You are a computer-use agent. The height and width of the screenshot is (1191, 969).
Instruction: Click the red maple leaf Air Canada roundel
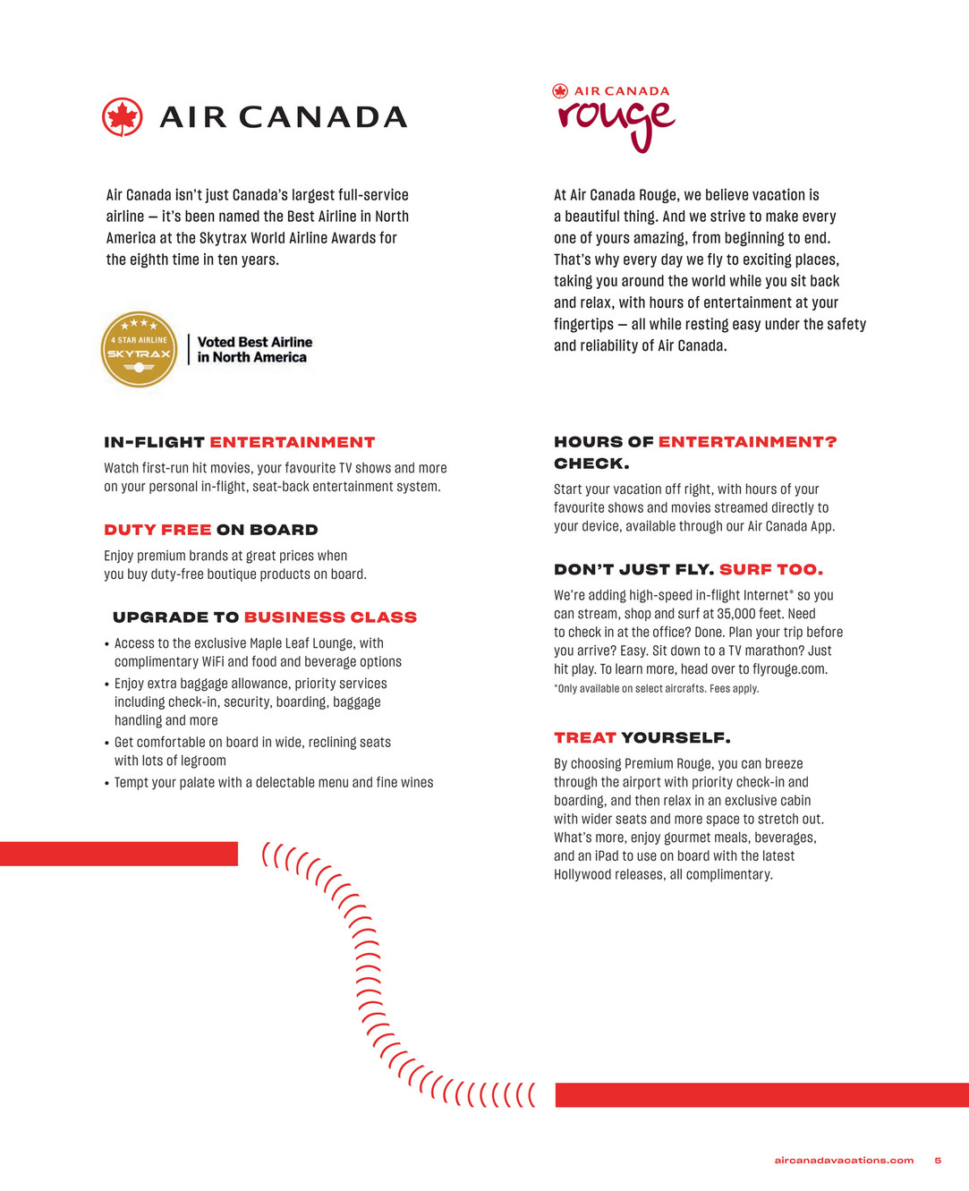pyautogui.click(x=123, y=117)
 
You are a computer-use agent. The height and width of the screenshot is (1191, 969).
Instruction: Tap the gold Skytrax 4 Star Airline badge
pyautogui.click(x=139, y=350)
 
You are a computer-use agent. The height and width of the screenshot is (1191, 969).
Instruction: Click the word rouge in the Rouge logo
pyautogui.click(x=616, y=122)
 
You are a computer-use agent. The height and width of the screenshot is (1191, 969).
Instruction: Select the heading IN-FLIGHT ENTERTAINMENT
pyautogui.click(x=240, y=442)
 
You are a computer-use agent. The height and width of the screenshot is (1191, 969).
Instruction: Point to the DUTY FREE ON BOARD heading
pyautogui.click(x=211, y=530)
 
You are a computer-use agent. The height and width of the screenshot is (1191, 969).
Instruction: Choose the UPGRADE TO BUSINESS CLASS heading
pyautogui.click(x=265, y=617)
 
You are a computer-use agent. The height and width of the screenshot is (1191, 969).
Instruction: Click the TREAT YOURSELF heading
pyautogui.click(x=642, y=737)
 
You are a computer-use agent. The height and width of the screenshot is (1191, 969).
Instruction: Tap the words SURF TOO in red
pyautogui.click(x=770, y=569)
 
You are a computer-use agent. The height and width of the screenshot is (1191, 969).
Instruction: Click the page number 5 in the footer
pyautogui.click(x=938, y=1161)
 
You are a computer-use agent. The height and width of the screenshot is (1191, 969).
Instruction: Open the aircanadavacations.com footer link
pyautogui.click(x=844, y=1161)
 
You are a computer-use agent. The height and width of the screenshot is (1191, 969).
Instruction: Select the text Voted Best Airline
pyautogui.click(x=255, y=342)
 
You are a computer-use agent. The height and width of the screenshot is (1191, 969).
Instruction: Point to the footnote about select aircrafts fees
pyautogui.click(x=656, y=689)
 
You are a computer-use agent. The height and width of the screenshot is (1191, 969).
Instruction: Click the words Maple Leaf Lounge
pyautogui.click(x=302, y=643)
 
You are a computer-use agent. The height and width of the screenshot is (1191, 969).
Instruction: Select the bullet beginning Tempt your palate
pyautogui.click(x=273, y=783)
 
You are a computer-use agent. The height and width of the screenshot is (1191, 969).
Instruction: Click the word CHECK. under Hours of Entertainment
pyautogui.click(x=591, y=464)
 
